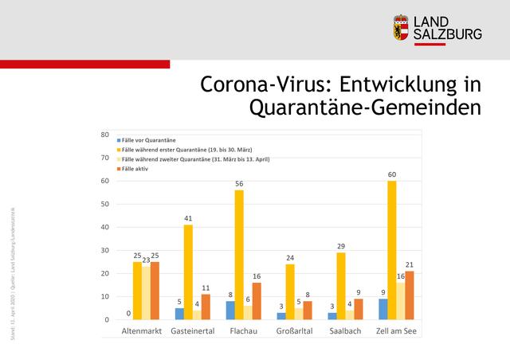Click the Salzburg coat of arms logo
coord(402,28)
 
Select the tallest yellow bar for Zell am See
coord(391,250)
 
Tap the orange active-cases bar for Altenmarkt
coord(155,291)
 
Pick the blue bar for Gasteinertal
coord(180,314)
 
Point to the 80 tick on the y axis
coord(104,135)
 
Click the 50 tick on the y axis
coord(104,204)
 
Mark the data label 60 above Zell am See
coord(391,174)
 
